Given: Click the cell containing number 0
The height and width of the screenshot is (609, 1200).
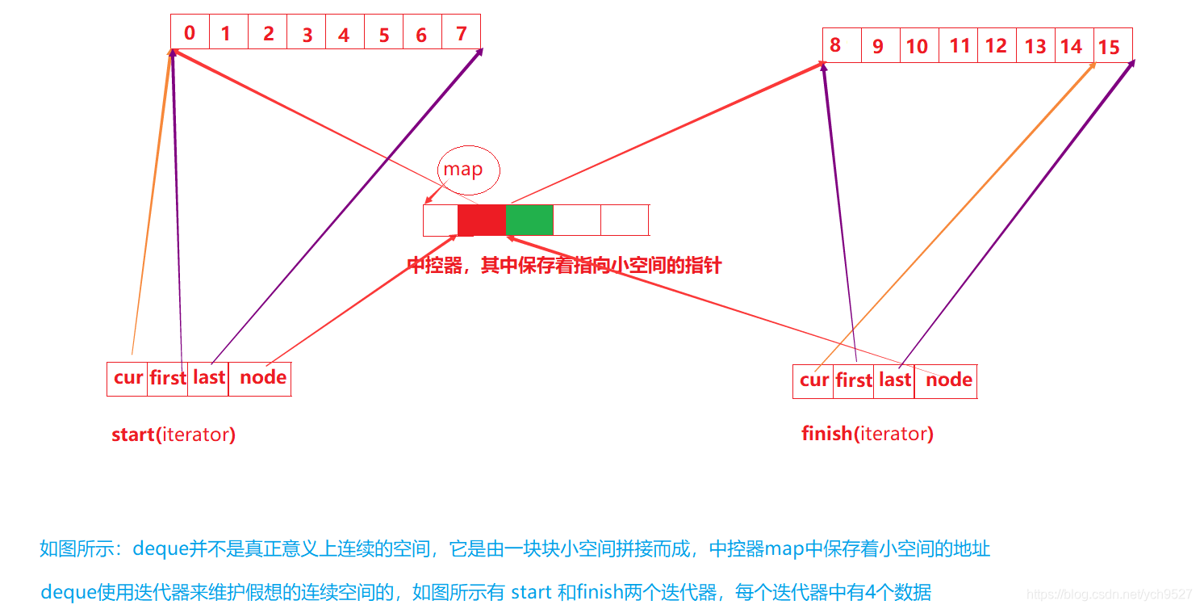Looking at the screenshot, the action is point(190,33).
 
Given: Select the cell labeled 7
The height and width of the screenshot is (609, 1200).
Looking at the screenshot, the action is point(461,33).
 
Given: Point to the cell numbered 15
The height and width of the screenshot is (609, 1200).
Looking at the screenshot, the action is point(1112,46).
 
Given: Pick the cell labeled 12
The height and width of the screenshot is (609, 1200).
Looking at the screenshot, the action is point(996,46).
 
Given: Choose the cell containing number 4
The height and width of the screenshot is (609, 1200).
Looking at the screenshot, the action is point(344,34).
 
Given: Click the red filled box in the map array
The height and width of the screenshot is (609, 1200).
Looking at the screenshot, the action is point(482,220).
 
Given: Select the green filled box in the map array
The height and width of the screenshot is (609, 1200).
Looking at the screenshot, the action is point(529,220).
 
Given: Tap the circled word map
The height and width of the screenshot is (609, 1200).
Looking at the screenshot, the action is point(462,170).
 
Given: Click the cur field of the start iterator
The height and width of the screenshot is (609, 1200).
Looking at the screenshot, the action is point(128,378).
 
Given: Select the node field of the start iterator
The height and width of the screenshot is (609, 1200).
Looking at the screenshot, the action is point(262,378).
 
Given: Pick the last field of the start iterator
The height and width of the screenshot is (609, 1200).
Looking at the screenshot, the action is point(208,378).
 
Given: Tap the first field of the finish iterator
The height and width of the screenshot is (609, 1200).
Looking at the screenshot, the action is point(854,380).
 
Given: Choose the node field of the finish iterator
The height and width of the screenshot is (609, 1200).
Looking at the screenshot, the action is point(948,380).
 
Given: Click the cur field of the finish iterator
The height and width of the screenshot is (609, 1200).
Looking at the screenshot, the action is point(813,380).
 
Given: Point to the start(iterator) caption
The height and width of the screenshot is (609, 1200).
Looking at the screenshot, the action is point(174,435).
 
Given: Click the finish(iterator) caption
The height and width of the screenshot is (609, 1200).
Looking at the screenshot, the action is point(868,434).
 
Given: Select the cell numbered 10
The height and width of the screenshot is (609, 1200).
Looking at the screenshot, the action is point(917,46).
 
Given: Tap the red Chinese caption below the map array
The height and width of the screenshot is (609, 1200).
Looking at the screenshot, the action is point(564,266).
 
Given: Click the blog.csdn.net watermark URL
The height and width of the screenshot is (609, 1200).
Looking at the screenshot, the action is point(1110,594).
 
